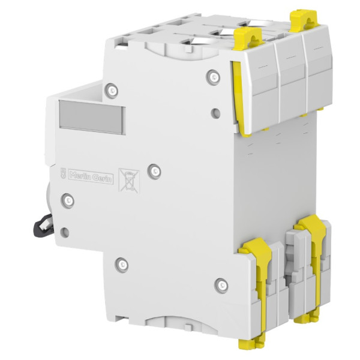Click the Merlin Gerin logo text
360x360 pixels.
[91, 176]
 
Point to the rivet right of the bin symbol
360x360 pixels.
[155, 170]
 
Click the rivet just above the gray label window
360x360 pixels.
[113, 91]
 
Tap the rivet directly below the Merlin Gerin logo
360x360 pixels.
[68, 199]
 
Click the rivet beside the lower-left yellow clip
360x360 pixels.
[221, 282]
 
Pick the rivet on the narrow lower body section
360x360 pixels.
[122, 263]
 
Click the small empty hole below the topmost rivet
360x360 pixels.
[215, 111]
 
